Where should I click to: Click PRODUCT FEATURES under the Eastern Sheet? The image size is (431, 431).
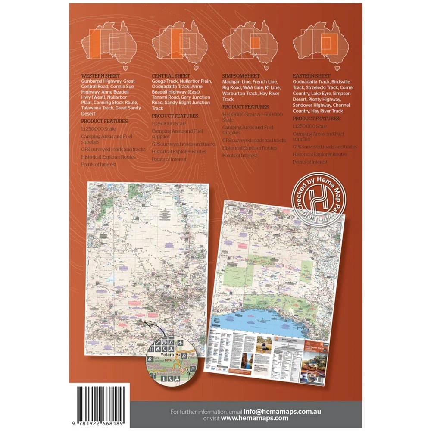pyautogui.click(x=316, y=118)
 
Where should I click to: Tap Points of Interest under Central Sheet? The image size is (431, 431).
pyautogui.click(x=169, y=159)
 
